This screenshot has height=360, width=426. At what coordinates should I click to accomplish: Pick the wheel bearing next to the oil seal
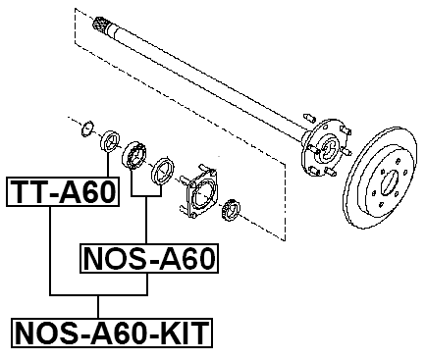click(x=134, y=155)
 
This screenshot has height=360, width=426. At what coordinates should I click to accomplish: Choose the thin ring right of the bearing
click(x=162, y=174)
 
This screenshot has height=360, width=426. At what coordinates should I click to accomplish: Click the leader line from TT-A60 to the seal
click(x=105, y=162)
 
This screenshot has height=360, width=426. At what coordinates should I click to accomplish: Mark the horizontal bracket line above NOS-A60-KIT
click(x=98, y=294)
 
